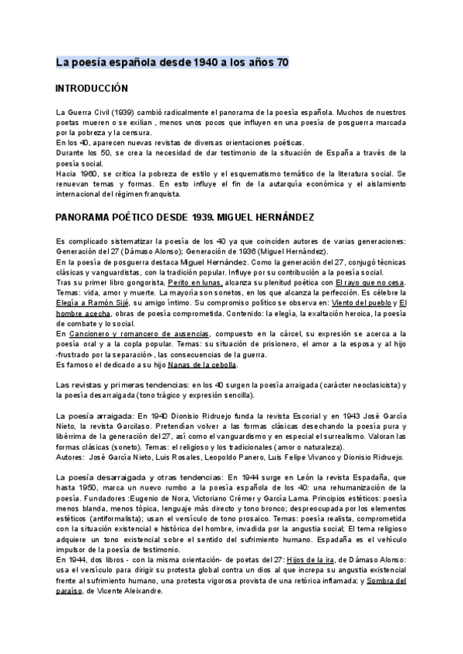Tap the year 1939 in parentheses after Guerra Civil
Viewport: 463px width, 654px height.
click(116, 113)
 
